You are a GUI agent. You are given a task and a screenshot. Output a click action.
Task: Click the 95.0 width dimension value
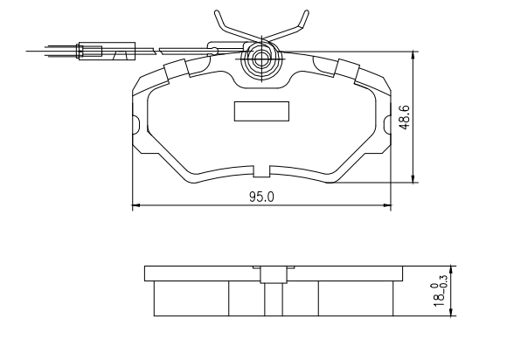click(x=261, y=197)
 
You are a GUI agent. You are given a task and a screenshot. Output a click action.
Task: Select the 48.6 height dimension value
click(x=405, y=117)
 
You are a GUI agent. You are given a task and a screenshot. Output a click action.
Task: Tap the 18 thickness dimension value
click(x=439, y=299)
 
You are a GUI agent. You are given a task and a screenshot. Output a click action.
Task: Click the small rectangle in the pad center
click(x=261, y=111)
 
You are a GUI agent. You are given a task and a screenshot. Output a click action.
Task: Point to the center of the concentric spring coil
click(x=260, y=59)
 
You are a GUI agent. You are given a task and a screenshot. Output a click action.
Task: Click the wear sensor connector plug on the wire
click(x=107, y=51)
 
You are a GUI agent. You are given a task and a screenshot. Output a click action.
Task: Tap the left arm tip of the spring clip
click(x=217, y=12)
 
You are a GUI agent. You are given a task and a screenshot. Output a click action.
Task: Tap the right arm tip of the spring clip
click(x=306, y=12)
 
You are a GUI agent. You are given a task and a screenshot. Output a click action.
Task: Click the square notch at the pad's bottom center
click(x=261, y=171)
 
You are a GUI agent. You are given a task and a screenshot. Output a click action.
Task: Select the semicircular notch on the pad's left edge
click(x=135, y=124)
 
